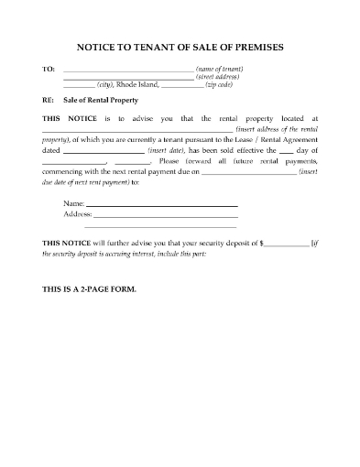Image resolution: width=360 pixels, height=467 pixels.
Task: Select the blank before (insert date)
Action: [104, 149]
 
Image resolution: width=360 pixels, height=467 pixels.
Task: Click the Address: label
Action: [78, 213]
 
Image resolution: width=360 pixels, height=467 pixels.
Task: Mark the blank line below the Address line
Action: [160, 225]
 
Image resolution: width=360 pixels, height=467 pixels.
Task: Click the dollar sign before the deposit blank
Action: [262, 244]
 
